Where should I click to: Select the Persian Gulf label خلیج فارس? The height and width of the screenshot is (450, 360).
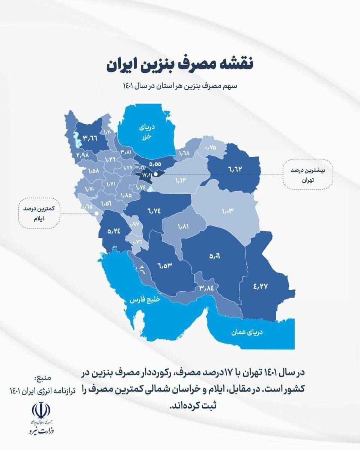tap(145, 300)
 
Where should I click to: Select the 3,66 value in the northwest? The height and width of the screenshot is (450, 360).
tap(90, 138)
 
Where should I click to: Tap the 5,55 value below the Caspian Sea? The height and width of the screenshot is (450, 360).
tap(154, 163)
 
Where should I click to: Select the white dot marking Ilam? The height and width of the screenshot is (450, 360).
tap(97, 213)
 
